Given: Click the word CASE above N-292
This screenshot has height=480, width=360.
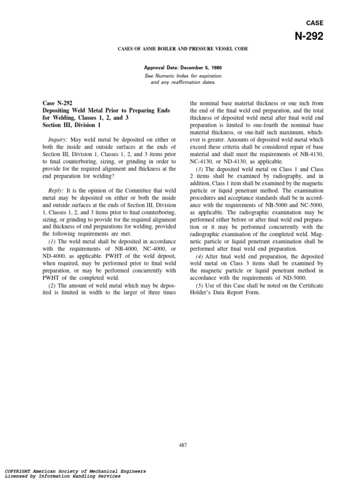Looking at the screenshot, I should (x=315, y=22).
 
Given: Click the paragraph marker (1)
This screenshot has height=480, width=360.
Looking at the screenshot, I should (x=53, y=241).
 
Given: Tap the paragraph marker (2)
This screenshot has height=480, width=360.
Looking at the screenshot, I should (x=53, y=285).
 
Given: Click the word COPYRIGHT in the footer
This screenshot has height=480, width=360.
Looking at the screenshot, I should (x=19, y=471).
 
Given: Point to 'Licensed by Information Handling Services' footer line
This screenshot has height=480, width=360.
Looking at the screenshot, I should (x=62, y=476).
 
